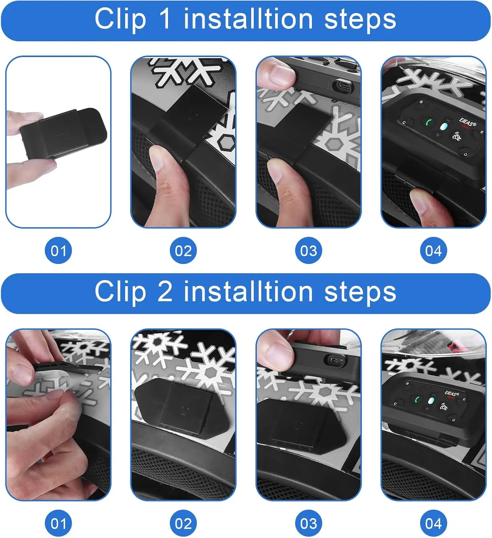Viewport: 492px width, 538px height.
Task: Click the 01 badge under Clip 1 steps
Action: click(58, 250)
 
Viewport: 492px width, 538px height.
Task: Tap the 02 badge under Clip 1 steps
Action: click(183, 250)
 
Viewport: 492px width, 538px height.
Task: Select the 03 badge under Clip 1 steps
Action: click(309, 250)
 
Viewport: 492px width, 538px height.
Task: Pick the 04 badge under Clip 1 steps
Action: click(433, 250)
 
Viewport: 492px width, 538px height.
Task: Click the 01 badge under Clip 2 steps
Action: click(58, 523)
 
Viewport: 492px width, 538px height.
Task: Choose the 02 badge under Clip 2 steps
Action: click(183, 523)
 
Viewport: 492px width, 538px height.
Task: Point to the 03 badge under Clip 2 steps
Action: click(309, 523)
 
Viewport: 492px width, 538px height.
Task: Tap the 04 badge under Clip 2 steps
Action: click(433, 523)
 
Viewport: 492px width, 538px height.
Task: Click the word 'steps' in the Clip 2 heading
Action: click(360, 292)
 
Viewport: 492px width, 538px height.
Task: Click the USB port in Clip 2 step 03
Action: click(333, 360)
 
